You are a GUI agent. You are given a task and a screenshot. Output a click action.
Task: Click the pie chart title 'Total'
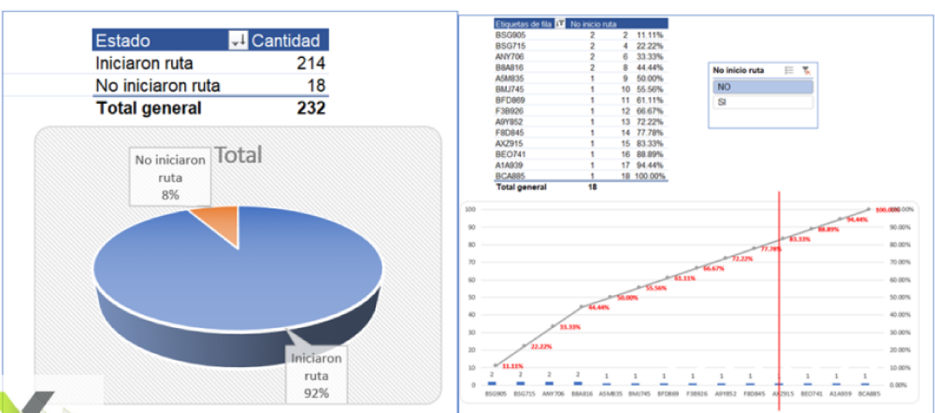pos(237,154)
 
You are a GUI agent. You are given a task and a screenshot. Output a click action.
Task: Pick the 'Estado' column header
pos(123,40)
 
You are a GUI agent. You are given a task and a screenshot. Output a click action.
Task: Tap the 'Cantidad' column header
pos(288,40)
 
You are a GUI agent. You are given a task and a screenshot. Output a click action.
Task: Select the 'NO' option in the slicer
pos(761,86)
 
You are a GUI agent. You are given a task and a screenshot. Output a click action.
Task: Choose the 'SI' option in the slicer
pos(761,101)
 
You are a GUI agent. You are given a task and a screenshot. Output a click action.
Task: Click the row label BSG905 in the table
pos(510,34)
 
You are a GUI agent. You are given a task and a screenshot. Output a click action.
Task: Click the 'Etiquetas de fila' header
pos(525,22)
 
